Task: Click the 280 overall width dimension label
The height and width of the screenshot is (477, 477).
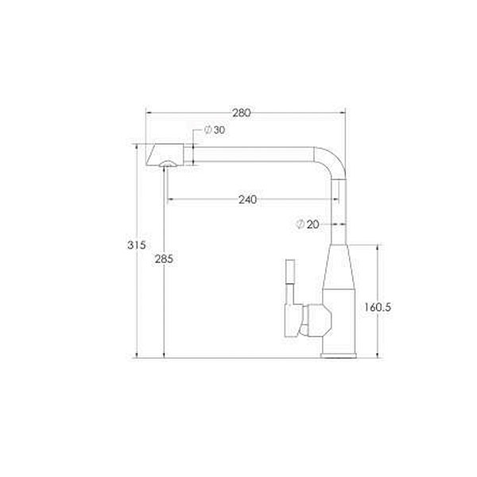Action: [242, 113]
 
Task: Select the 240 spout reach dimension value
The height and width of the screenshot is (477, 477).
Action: [247, 200]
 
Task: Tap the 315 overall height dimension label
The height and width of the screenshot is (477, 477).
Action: [137, 245]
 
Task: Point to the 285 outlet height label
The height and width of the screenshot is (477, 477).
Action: [164, 259]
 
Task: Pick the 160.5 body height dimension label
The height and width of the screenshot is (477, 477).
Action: [378, 307]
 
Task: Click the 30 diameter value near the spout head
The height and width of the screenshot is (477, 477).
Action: [219, 130]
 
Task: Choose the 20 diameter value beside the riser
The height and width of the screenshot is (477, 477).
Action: [312, 224]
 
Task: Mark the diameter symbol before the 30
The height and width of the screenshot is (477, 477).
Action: [208, 130]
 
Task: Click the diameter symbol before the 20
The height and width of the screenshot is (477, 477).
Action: [300, 224]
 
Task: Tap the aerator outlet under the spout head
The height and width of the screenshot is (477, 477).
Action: [168, 165]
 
